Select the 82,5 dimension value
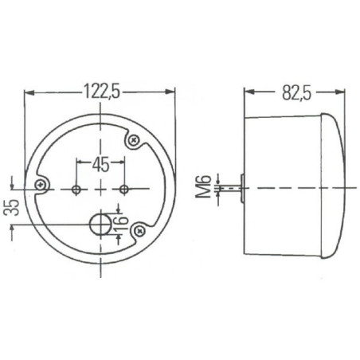click(296, 92)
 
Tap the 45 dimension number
click(100, 165)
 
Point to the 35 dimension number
click(13, 207)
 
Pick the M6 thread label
click(204, 187)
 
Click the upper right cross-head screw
click(134, 139)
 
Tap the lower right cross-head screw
click(139, 231)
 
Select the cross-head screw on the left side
click(41, 185)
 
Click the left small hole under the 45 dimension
click(76, 190)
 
